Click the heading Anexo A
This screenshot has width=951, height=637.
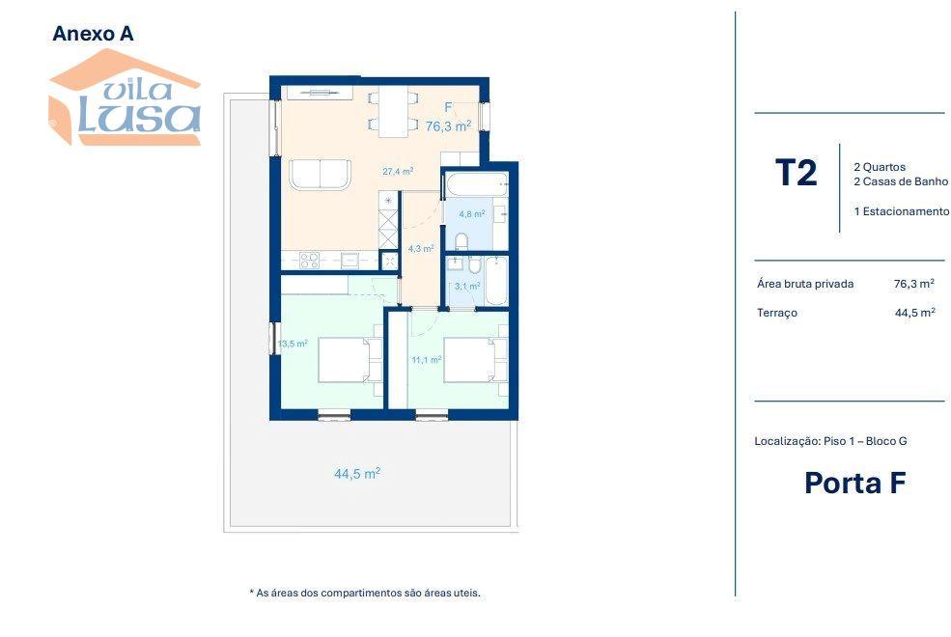[93, 34]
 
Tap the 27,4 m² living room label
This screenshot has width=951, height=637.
[398, 172]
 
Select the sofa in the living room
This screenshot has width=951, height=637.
[320, 175]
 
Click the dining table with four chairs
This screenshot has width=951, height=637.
[393, 112]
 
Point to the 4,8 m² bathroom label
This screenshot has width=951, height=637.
[472, 214]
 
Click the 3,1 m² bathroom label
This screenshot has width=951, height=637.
[467, 286]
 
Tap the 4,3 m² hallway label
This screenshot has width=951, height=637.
[421, 248]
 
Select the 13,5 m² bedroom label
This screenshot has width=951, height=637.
[293, 344]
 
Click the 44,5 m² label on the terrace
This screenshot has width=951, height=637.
[357, 473]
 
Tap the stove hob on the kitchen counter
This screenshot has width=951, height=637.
[309, 260]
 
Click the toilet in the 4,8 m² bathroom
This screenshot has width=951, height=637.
[462, 240]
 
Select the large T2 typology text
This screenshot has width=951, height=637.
[797, 173]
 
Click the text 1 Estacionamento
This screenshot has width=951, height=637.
[901, 211]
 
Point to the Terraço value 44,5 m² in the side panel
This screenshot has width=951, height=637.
[914, 313]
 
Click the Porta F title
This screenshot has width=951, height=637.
[855, 483]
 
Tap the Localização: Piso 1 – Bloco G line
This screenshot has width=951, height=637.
[831, 441]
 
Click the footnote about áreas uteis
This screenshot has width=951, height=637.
[365, 593]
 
